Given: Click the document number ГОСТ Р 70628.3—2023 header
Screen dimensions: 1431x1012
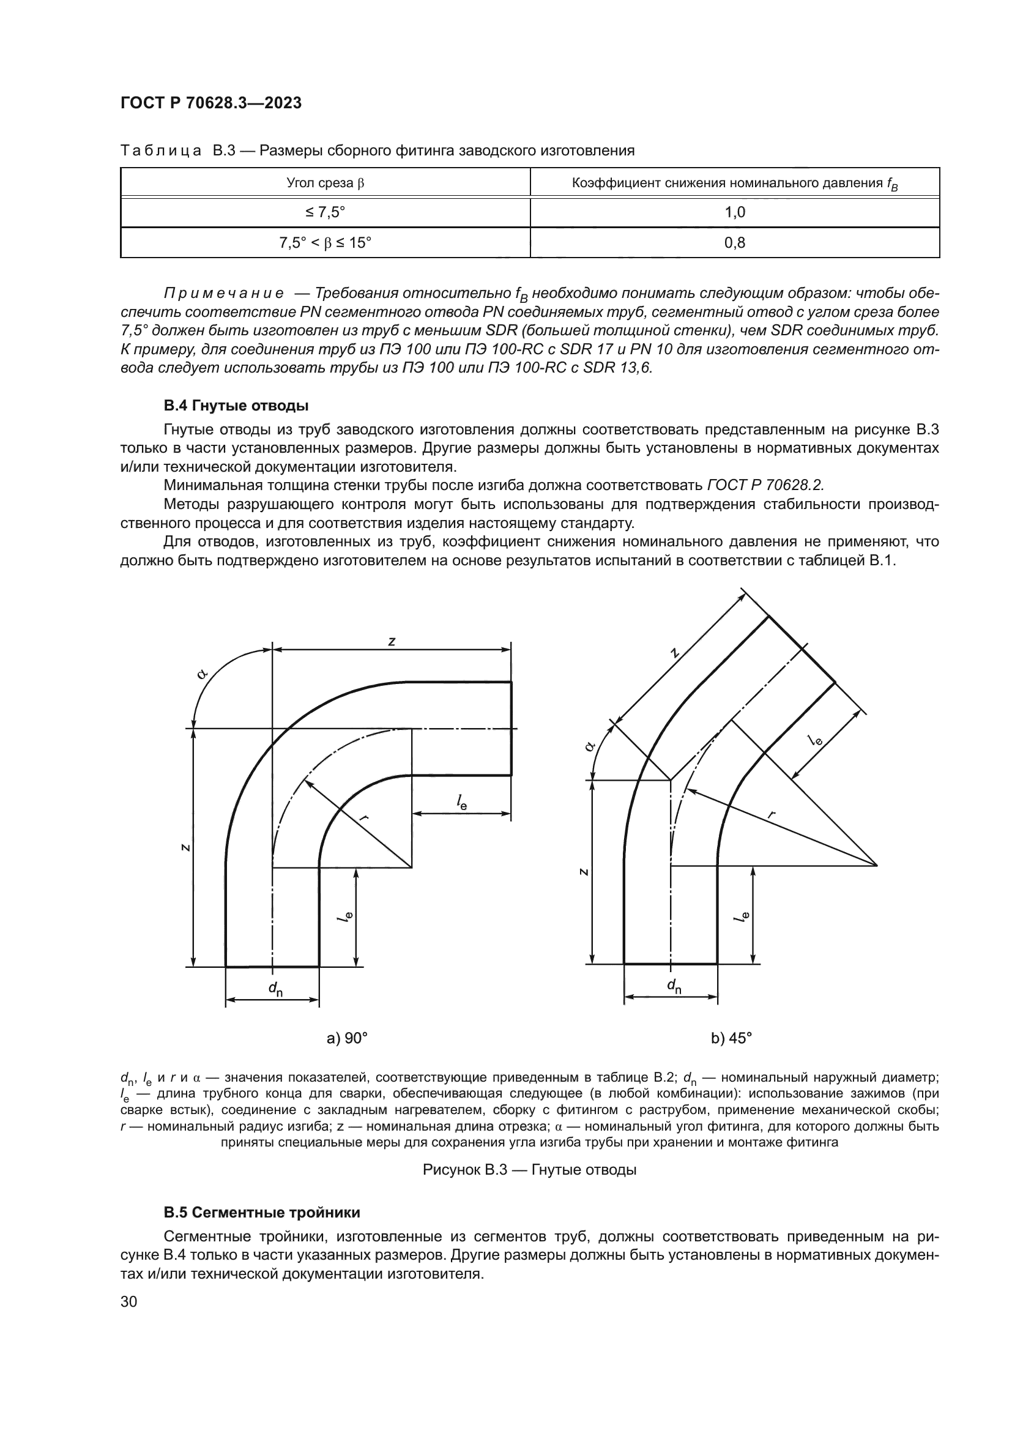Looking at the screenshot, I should pos(210,103).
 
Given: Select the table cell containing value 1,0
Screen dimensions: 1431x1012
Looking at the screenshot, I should pos(735,212).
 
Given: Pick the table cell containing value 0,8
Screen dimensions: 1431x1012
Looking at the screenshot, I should pos(735,242).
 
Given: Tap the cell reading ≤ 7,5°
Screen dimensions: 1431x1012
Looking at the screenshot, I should pos(325,212).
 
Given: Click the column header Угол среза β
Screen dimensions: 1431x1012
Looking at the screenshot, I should pos(325,184).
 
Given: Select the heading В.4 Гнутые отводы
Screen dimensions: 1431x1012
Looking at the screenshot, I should pos(236,406).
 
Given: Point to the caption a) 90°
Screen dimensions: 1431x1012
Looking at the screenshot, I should pos(347,1038).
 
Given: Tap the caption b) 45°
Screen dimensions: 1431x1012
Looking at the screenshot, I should pos(732,1038).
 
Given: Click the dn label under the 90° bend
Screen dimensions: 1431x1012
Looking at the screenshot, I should pos(274,989).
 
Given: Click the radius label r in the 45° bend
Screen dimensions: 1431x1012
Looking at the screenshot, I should pos(772,814).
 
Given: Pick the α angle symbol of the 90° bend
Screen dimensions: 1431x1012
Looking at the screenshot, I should pos(201,675).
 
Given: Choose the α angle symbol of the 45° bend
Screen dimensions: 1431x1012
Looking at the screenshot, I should pos(589,745).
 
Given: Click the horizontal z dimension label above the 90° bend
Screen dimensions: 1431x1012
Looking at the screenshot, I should pos(392,641).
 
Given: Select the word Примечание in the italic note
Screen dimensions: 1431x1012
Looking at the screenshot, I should pos(223,294).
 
